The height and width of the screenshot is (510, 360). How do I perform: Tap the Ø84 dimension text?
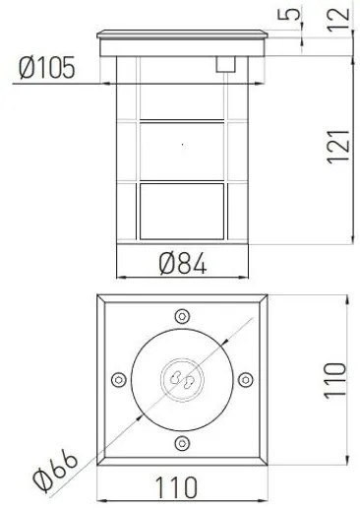tap(183, 264)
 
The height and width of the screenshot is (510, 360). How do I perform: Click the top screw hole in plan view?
tap(182, 316)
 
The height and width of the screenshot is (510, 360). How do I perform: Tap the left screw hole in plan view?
tap(119, 379)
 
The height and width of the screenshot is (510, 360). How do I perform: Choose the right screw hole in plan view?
tap(245, 379)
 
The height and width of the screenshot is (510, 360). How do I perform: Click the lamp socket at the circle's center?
tap(182, 379)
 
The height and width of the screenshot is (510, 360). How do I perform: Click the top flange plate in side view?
tap(183, 45)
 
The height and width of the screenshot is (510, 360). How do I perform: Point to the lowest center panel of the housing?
tap(183, 211)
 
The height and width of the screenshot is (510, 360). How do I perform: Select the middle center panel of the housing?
tap(183, 150)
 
